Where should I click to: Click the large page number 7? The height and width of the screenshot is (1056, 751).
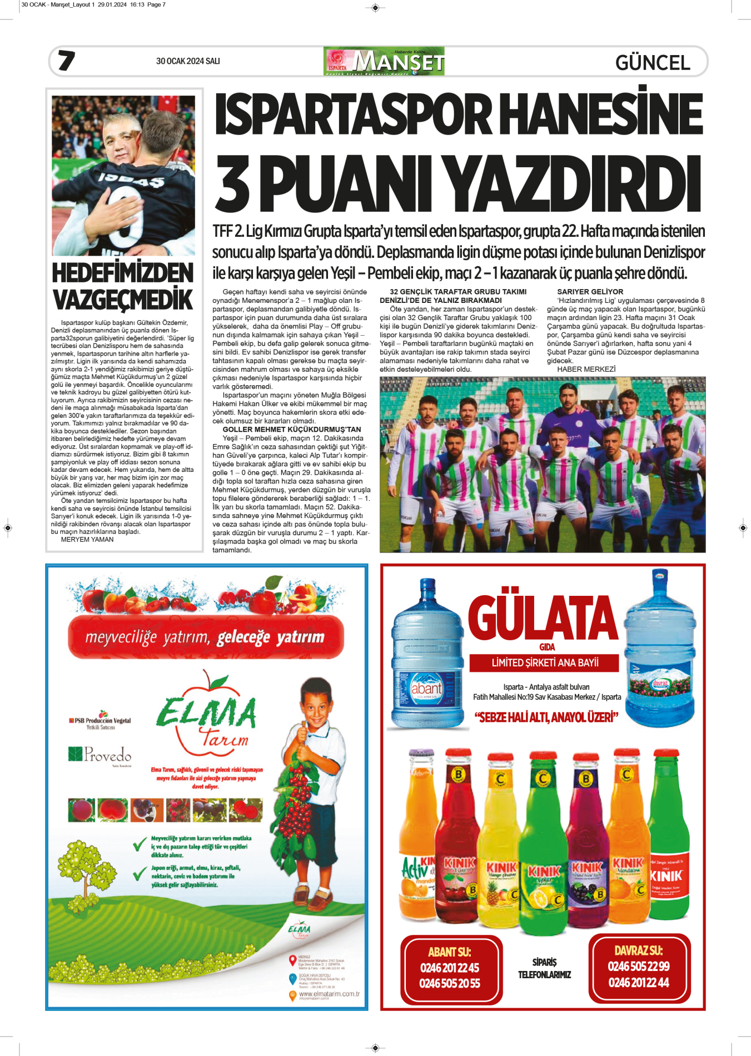[x=67, y=61]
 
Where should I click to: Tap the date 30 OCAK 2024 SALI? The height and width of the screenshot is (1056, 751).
[x=188, y=61]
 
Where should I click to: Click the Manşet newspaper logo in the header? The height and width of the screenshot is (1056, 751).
[x=384, y=61]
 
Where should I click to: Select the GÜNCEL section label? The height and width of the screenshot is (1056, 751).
[x=653, y=62]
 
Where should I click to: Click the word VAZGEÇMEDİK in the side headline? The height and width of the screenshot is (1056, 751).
[x=123, y=300]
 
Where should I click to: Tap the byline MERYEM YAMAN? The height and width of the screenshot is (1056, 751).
[x=87, y=540]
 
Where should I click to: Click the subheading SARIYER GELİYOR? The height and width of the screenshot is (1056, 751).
[x=590, y=292]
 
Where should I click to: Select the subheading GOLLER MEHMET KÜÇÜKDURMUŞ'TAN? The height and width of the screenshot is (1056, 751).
[x=291, y=430]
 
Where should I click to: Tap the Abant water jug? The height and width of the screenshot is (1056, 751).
[x=427, y=656]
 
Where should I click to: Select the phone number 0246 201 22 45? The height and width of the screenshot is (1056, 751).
[x=450, y=968]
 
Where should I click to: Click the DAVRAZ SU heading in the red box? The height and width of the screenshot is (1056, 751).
[x=638, y=951]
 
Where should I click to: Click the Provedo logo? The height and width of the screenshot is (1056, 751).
[x=101, y=755]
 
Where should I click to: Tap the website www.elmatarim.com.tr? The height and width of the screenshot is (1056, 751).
[x=329, y=994]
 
